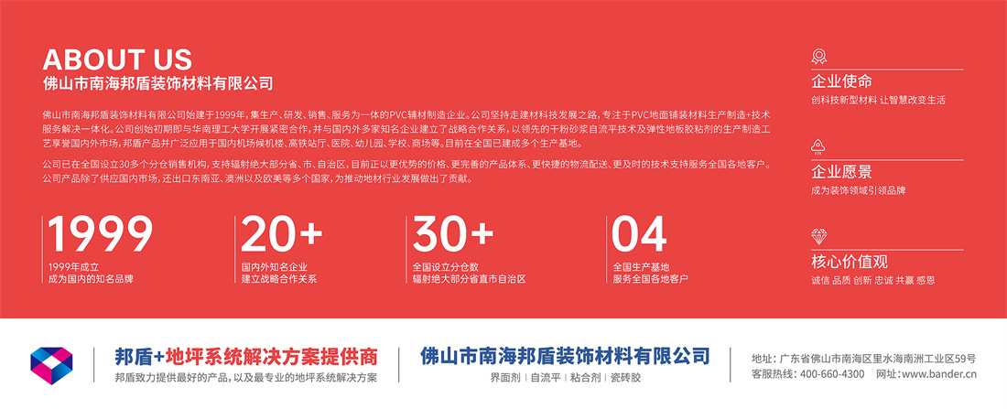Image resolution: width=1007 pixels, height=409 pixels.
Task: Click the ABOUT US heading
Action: pyautogui.click(x=117, y=59)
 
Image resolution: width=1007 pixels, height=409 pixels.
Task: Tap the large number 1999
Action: pyautogui.click(x=101, y=233)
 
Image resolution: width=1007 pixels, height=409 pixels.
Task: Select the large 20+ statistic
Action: pyautogui.click(x=282, y=233)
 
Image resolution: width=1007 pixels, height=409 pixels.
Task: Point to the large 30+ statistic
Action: pyautogui.click(x=453, y=233)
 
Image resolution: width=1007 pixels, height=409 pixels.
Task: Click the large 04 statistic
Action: pyautogui.click(x=639, y=233)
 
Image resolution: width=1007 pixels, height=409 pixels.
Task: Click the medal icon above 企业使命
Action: pyautogui.click(x=818, y=57)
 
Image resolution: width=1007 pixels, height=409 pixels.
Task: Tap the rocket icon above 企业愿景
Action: pyautogui.click(x=818, y=147)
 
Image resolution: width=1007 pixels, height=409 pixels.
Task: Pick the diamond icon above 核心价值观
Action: pyautogui.click(x=818, y=236)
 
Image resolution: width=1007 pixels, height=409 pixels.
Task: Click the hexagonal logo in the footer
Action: pyautogui.click(x=51, y=365)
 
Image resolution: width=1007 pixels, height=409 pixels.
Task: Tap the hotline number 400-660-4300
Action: pyautogui.click(x=832, y=374)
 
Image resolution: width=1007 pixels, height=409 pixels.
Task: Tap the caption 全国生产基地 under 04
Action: pyautogui.click(x=641, y=266)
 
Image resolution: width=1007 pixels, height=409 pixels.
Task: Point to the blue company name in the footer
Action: pyautogui.click(x=565, y=356)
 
